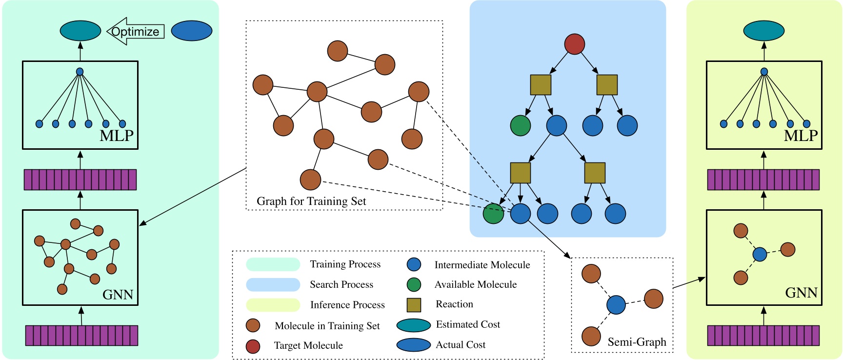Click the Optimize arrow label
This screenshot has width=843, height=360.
(135, 32)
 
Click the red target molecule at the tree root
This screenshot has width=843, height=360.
(575, 44)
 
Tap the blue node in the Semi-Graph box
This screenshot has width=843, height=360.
(616, 305)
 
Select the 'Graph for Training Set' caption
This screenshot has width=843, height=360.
(311, 201)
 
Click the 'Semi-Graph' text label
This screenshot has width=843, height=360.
(637, 342)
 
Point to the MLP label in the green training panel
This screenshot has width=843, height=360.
(117, 136)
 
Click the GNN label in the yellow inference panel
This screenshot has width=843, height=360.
(801, 293)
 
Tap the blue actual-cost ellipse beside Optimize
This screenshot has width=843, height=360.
(192, 31)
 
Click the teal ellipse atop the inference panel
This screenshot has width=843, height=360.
(764, 31)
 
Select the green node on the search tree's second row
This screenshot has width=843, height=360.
(521, 125)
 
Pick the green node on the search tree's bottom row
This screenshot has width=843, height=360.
(493, 214)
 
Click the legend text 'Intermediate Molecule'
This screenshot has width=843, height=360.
(482, 265)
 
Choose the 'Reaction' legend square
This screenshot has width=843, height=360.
(414, 305)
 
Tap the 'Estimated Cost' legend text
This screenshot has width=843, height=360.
(468, 324)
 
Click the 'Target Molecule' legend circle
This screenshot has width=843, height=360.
(253, 346)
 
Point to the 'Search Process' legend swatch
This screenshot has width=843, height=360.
(273, 285)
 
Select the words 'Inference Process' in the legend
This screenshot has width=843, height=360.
(347, 305)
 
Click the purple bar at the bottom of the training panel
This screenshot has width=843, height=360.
(81, 336)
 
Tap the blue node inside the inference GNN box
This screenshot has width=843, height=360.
(760, 254)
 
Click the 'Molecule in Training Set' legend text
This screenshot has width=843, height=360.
(327, 326)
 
